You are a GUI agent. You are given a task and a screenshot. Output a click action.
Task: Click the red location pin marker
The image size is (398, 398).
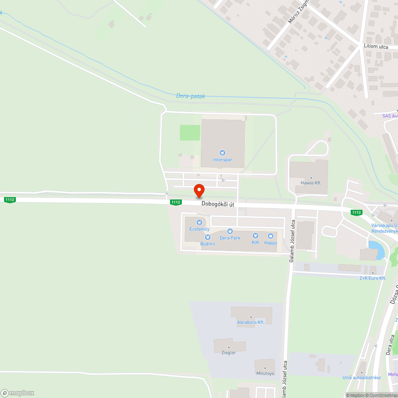pos(199,191)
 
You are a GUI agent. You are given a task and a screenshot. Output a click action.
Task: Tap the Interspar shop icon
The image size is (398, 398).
pos(222,153)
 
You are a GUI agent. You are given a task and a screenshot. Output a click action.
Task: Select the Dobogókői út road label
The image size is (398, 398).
pos(218,204)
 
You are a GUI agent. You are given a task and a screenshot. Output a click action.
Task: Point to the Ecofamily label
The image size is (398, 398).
pos(199,229)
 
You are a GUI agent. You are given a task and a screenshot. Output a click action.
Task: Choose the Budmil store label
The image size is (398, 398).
pos(207,243)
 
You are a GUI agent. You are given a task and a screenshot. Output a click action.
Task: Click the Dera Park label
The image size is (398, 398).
pos(230,238)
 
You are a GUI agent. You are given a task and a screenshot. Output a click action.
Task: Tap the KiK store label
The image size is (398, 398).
pos(256,242)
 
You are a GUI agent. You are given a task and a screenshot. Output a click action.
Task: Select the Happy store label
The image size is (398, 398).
pos(271,242)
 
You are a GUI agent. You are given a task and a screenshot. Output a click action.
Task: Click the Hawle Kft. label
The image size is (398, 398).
pos(311,183)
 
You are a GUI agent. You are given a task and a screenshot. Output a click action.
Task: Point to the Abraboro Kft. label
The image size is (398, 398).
pos(251,322)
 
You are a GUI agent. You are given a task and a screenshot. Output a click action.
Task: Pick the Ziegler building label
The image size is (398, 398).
pos(228,352)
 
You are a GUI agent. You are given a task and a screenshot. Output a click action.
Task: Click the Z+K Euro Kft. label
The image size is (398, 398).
pos(373,278)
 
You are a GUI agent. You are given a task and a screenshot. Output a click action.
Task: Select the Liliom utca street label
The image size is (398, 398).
pos(376,46)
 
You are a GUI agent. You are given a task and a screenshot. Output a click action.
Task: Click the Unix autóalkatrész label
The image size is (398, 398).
pos(362,377)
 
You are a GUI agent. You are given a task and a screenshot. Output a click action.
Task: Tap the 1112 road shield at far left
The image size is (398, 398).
pos(10,199)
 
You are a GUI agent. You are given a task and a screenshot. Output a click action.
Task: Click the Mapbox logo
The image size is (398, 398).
pos(18,393)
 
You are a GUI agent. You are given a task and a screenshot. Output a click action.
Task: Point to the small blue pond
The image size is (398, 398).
pos(377,249)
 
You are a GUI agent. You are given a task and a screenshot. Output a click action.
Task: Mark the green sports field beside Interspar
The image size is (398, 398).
pos(190,133)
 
